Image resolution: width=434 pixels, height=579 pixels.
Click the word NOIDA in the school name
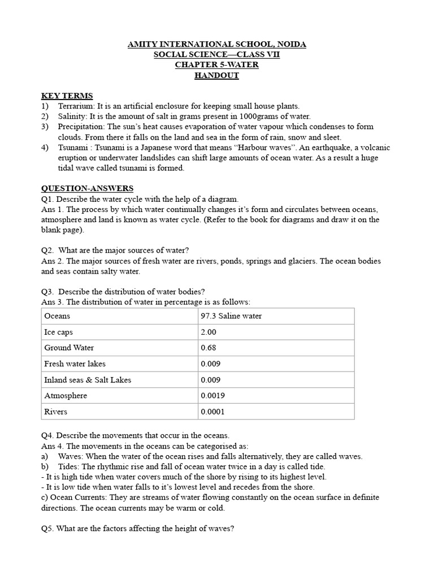point(288,44)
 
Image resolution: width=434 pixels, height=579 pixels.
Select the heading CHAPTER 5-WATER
point(216,65)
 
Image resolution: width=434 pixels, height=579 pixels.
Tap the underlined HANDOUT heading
point(216,76)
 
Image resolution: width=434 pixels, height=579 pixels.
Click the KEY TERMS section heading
point(67,96)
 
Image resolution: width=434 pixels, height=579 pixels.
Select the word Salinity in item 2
point(72,116)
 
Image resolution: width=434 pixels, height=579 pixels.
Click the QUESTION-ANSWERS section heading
point(87,188)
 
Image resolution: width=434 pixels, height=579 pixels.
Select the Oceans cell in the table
point(57,316)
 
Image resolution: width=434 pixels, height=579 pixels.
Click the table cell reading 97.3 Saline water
point(231,316)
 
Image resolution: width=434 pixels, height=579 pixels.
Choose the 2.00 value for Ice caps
point(209,332)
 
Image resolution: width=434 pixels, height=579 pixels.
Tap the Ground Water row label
point(69,348)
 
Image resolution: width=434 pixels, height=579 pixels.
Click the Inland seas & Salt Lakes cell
point(88,379)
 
